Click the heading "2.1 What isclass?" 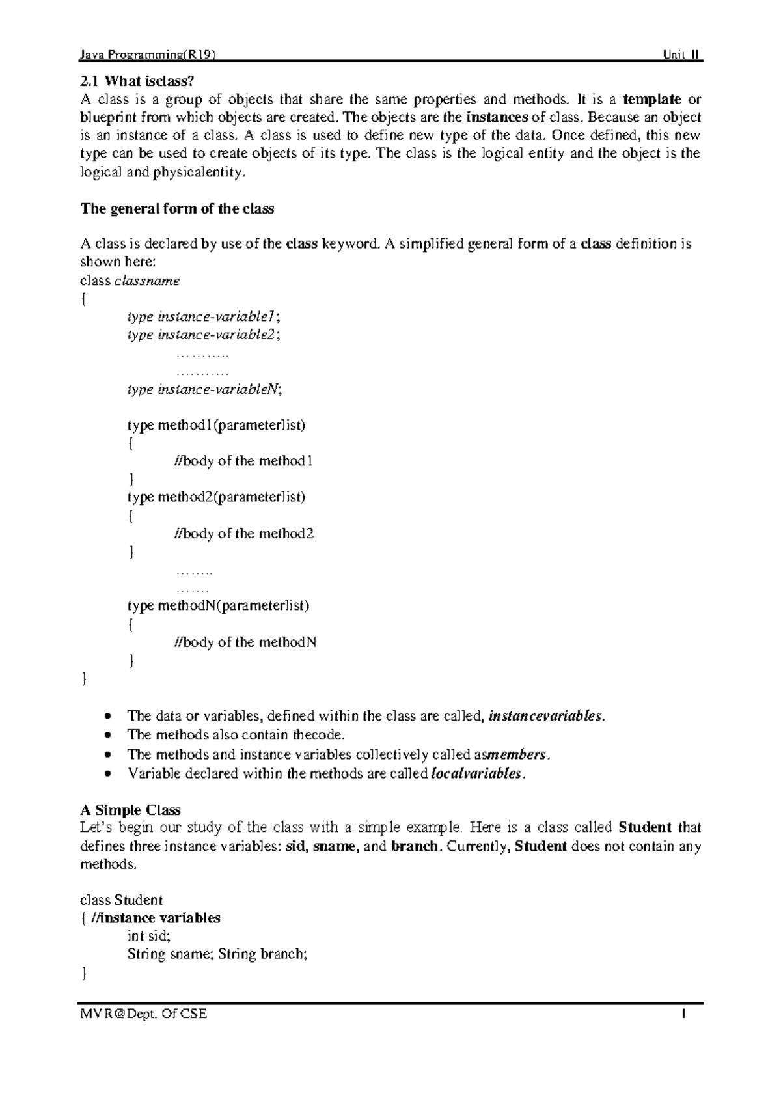click(x=137, y=81)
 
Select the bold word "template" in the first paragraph click(x=651, y=100)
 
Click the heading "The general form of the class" click(x=177, y=209)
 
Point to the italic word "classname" click(x=147, y=281)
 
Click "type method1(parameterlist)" click(x=217, y=426)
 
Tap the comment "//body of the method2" click(x=244, y=534)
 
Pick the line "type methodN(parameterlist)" click(x=218, y=606)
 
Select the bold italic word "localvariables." click(x=478, y=774)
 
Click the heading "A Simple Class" click(x=130, y=810)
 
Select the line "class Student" click(x=121, y=900)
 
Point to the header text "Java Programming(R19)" click(x=146, y=55)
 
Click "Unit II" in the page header click(x=681, y=55)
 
